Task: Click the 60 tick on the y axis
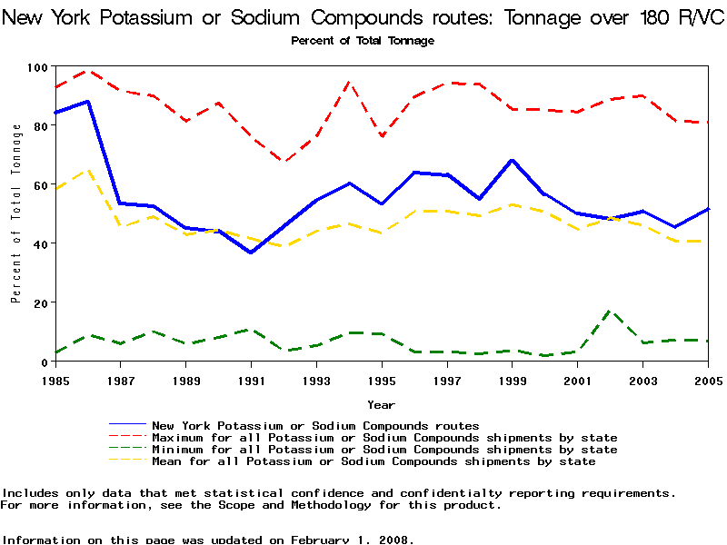(41, 184)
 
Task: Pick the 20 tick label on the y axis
(41, 302)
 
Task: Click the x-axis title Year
(381, 404)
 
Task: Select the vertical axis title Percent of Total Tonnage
(16, 213)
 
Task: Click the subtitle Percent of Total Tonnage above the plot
(363, 41)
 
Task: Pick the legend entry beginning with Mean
(373, 461)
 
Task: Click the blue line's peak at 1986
(87, 102)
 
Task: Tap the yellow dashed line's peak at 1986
(87, 170)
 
